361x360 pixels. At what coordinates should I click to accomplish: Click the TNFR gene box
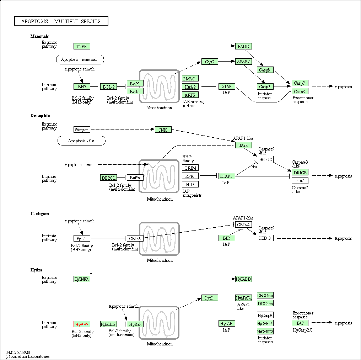pyautogui.click(x=82, y=46)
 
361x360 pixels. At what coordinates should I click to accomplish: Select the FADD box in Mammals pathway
pyautogui.click(x=243, y=46)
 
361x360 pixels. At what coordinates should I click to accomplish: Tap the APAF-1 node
pyautogui.click(x=243, y=62)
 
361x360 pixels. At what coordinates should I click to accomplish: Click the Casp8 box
pyautogui.click(x=265, y=70)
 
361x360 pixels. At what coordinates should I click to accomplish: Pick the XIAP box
pyautogui.click(x=227, y=87)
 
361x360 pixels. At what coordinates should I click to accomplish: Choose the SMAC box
pyautogui.click(x=190, y=79)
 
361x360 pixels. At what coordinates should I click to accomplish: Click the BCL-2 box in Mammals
pyautogui.click(x=108, y=87)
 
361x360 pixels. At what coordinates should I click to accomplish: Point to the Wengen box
pyautogui.click(x=82, y=130)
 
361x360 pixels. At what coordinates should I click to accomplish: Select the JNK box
pyautogui.click(x=163, y=130)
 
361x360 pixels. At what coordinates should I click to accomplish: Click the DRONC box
pyautogui.click(x=265, y=159)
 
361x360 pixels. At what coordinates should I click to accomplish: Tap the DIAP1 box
pyautogui.click(x=227, y=176)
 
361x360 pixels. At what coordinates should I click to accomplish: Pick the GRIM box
pyautogui.click(x=190, y=168)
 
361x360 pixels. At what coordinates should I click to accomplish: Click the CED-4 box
pyautogui.click(x=243, y=224)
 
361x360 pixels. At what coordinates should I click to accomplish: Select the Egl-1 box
pyautogui.click(x=82, y=238)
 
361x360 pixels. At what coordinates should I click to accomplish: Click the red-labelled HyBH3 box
pyautogui.click(x=82, y=324)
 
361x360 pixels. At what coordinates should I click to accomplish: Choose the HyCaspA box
pyautogui.click(x=265, y=315)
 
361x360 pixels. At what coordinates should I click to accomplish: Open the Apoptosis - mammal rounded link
pyautogui.click(x=80, y=59)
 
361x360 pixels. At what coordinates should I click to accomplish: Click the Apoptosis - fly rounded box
pyautogui.click(x=81, y=141)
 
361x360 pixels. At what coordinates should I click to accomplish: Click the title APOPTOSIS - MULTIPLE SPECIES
pyautogui.click(x=61, y=21)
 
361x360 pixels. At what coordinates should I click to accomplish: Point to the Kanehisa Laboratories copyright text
pyautogui.click(x=28, y=356)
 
